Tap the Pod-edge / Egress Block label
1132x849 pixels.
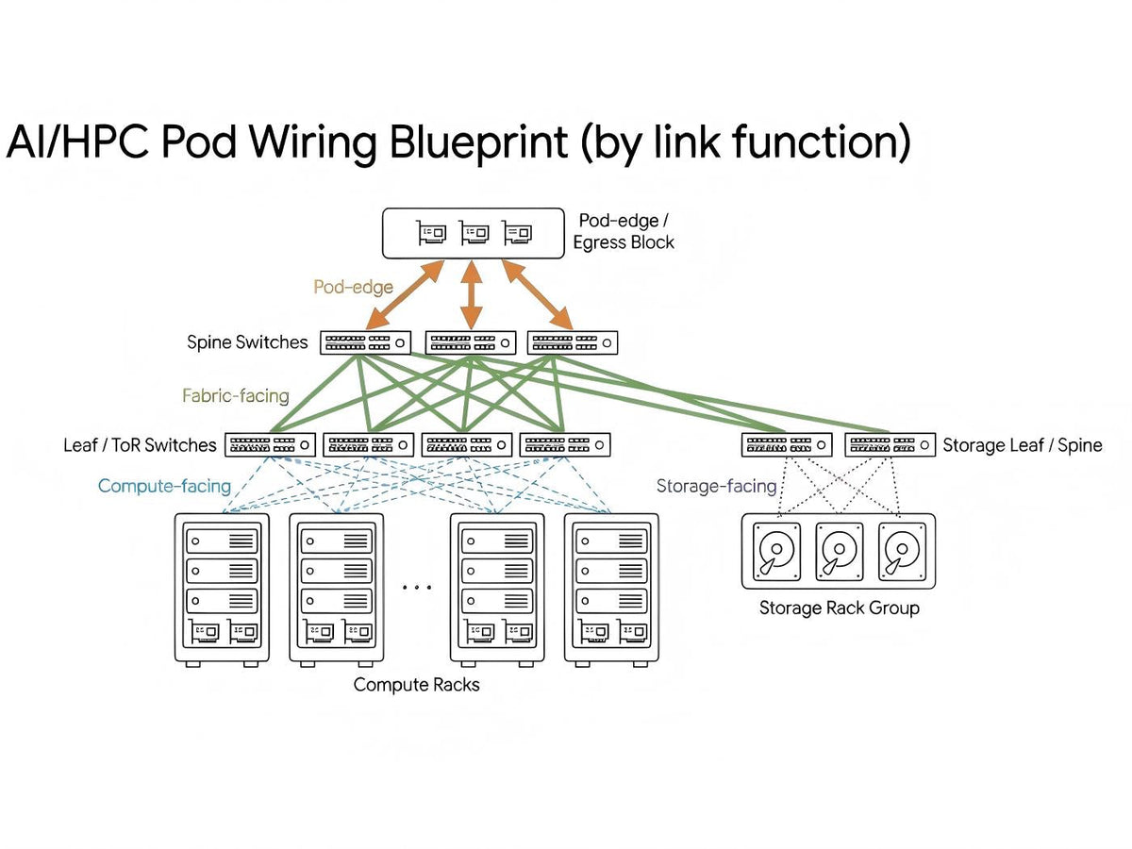(624, 231)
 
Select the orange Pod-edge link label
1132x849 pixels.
(354, 286)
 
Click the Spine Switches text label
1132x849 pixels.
(247, 342)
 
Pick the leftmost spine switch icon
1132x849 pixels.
(366, 342)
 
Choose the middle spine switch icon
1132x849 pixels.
(471, 342)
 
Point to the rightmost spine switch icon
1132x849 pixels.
(573, 342)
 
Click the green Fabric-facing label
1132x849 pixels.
(236, 396)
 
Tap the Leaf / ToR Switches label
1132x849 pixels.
(140, 444)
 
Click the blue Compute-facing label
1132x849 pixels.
(164, 487)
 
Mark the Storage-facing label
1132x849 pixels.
(716, 487)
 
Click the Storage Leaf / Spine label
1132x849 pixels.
(1022, 445)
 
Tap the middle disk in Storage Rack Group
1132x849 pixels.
(839, 552)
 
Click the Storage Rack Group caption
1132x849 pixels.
(839, 608)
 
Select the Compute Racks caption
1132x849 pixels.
(416, 685)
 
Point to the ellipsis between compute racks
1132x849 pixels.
(416, 588)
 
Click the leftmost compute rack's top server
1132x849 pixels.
(222, 541)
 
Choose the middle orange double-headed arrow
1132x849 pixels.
(472, 295)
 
